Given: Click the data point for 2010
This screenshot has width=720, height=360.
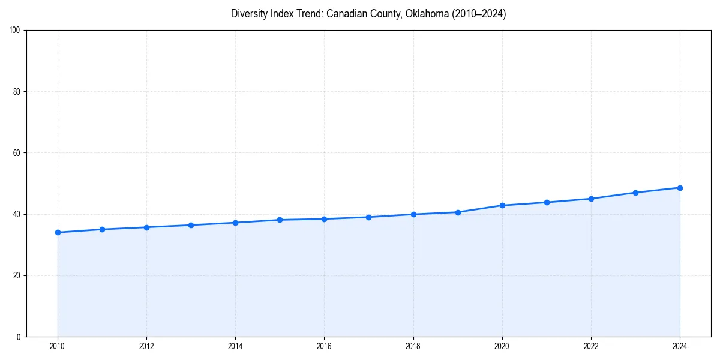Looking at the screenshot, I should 58,232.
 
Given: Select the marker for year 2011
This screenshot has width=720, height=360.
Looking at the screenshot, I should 102,229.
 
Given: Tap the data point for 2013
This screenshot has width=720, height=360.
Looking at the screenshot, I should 191,225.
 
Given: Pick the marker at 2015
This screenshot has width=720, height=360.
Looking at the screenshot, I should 280,220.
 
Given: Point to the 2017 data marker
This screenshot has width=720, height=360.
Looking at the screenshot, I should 368,217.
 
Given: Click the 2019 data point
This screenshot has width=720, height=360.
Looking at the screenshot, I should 458,212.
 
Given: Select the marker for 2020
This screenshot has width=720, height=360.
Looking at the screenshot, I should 502,205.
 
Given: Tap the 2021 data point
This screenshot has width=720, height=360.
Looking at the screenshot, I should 547,202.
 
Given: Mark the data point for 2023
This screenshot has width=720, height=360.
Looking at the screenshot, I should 635,193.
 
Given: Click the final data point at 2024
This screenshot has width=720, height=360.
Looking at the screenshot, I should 680,188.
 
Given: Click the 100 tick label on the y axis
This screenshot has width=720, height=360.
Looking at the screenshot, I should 15,30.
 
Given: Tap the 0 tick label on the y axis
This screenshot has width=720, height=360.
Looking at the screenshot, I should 19,337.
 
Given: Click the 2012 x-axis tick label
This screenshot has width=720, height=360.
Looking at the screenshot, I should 146,346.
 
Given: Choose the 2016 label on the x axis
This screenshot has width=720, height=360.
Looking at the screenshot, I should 324,346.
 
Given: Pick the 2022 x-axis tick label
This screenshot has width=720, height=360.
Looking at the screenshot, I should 591,346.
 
